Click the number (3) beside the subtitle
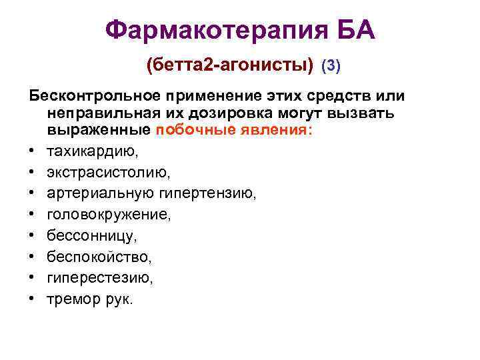tap(331, 66)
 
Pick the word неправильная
tap(100, 114)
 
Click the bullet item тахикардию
tap(93, 151)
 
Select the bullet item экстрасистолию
tap(109, 173)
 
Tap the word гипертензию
tap(207, 194)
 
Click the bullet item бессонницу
tap(92, 236)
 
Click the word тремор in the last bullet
tap(73, 299)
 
